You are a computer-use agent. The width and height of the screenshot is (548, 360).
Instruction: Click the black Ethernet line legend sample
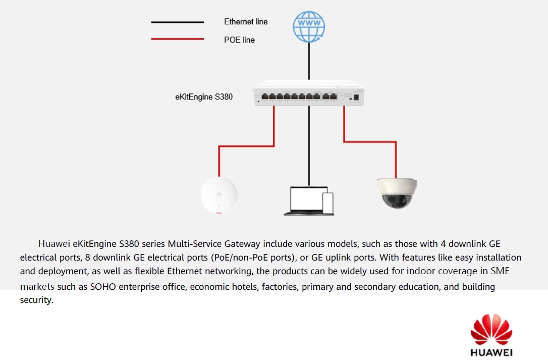coord(178,22)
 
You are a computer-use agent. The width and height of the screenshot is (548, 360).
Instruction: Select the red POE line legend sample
coord(178,39)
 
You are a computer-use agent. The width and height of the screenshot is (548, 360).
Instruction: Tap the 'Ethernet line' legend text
coord(246,22)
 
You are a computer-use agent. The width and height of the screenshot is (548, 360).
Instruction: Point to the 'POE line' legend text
coord(239,40)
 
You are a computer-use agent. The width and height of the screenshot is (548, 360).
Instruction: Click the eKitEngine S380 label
coord(204,96)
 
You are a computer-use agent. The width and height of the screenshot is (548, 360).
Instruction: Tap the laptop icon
coord(305,201)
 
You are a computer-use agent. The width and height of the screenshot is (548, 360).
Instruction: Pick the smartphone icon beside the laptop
coord(328,203)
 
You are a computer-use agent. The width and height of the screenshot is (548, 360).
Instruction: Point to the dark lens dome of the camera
coord(398,200)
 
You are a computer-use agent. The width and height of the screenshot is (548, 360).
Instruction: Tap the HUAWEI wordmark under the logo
coord(491,352)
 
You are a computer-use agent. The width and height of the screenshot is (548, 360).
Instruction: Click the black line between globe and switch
coord(309,62)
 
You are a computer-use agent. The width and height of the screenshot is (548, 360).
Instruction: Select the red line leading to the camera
coord(370,141)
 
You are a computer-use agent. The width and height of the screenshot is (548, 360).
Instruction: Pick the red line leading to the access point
coord(246,146)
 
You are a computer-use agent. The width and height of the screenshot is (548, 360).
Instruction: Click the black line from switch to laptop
coord(309,146)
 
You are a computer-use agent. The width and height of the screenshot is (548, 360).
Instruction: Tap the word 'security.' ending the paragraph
coord(36,300)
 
